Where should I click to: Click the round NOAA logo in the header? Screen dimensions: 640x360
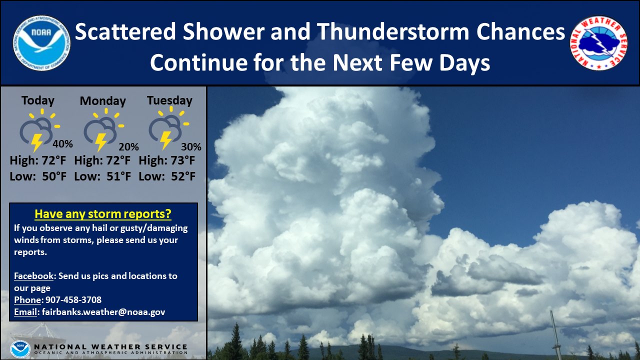(x=41, y=43)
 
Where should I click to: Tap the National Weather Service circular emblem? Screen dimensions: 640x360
(x=598, y=43)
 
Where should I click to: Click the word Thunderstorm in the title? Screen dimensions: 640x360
(x=392, y=31)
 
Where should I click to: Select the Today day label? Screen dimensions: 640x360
(x=37, y=101)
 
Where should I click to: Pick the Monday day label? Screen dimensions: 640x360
(x=103, y=101)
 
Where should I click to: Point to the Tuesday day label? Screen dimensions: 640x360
(x=169, y=101)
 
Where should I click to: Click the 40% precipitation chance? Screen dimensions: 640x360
(x=62, y=143)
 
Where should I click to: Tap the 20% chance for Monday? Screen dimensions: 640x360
(x=128, y=147)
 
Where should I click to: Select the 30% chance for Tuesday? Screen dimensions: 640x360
(x=191, y=147)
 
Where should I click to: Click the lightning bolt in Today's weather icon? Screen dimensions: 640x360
(x=36, y=142)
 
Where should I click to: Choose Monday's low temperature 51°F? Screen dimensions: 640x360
(x=119, y=176)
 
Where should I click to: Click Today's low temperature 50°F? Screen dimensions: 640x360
(x=54, y=176)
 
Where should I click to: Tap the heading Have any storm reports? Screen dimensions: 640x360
(x=103, y=214)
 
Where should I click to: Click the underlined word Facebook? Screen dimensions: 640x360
(x=33, y=276)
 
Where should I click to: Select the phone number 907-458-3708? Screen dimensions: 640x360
(x=73, y=299)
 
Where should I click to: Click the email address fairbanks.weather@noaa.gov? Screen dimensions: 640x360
(x=103, y=312)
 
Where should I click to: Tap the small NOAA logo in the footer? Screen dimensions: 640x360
(x=20, y=349)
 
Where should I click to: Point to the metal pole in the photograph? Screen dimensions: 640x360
(x=555, y=335)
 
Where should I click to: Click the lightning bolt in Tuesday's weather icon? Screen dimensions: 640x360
(x=165, y=140)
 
